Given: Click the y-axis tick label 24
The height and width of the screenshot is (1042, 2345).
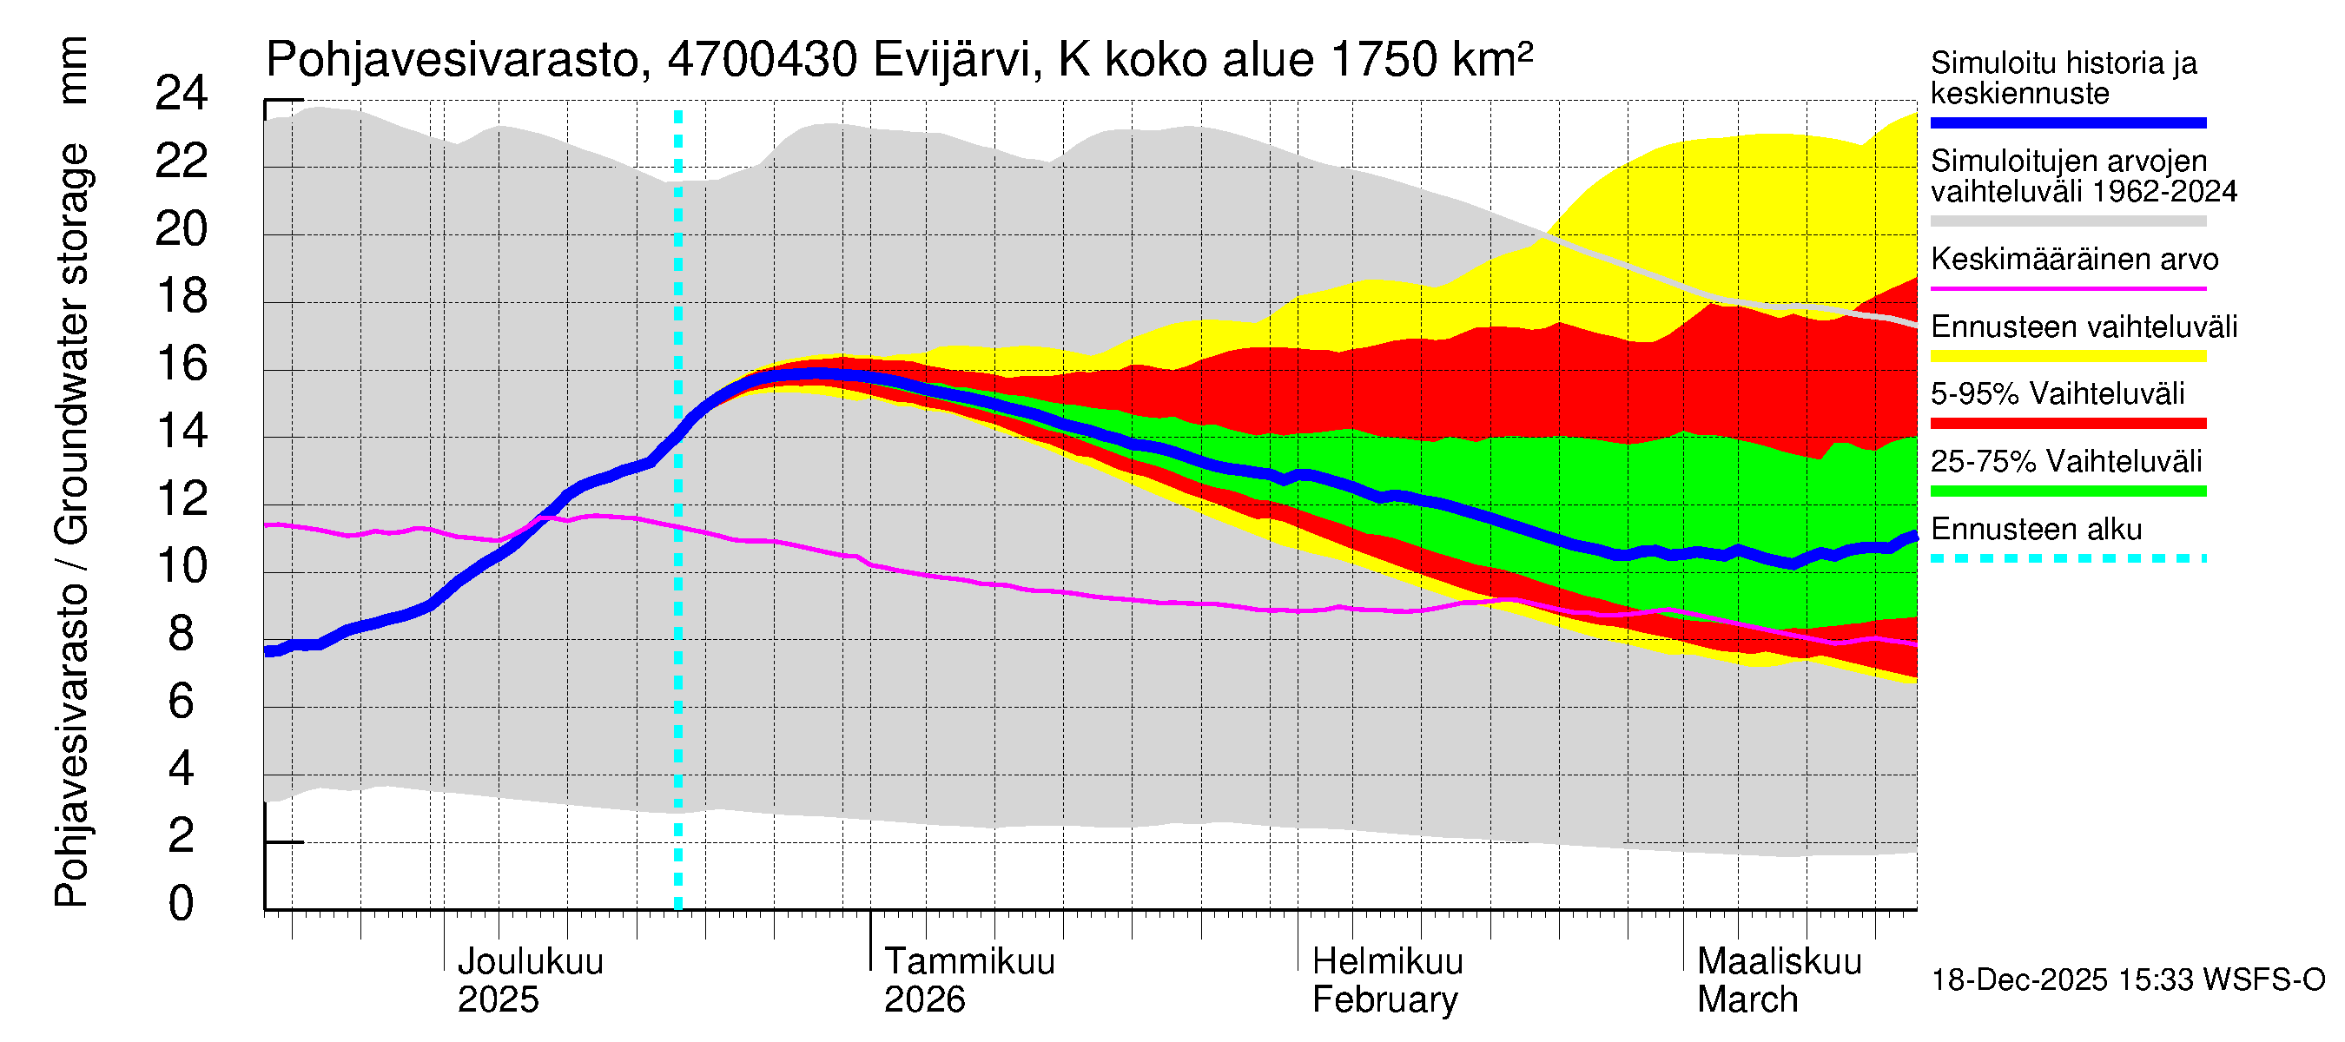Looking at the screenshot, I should [182, 94].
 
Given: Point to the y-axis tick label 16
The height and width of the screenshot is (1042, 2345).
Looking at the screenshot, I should [182, 364].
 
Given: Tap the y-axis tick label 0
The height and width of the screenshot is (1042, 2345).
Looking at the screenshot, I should [182, 904].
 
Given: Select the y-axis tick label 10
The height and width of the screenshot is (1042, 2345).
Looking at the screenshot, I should [182, 566].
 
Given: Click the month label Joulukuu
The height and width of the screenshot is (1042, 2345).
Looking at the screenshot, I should [530, 962].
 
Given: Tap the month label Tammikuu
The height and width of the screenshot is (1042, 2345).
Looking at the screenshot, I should [969, 962].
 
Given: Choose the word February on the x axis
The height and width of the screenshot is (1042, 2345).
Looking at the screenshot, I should [1384, 1000].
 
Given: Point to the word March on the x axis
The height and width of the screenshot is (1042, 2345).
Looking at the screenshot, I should [1747, 1000].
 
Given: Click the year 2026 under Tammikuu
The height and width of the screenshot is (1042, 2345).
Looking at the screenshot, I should [924, 1000].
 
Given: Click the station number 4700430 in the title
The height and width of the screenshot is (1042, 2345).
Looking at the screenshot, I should [762, 60].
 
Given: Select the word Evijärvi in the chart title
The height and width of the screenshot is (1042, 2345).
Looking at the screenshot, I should [952, 60].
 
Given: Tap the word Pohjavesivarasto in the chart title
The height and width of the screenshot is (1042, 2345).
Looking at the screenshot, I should [452, 60].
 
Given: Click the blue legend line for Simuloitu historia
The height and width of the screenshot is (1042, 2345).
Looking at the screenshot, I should [2067, 122].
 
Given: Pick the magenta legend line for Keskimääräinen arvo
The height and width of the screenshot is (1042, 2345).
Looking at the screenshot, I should [2067, 288].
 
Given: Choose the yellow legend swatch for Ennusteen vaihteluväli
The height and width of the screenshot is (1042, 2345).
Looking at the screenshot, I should [2067, 356].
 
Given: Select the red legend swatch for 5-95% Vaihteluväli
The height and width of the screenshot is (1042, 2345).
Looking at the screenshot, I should [2067, 423].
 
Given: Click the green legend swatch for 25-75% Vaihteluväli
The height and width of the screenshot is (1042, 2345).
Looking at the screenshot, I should [2067, 491].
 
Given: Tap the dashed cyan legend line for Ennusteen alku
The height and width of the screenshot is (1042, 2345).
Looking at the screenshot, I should [2067, 558].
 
